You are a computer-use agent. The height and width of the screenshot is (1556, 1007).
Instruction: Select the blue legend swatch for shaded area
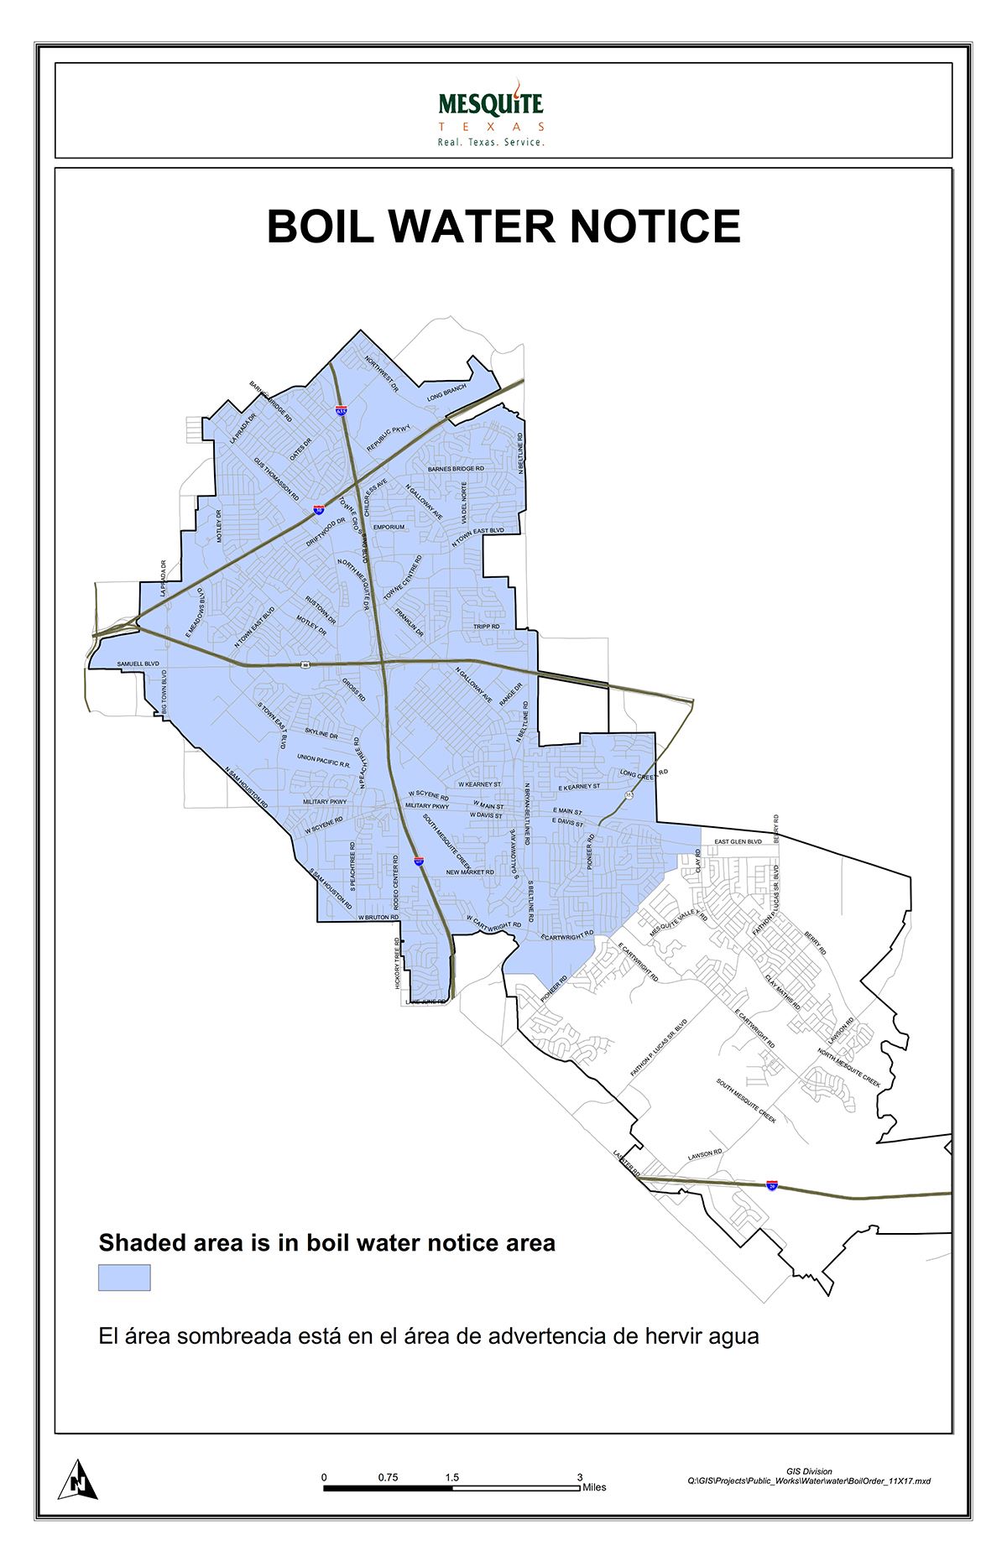(x=124, y=1278)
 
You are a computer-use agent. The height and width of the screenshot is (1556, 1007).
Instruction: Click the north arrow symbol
(x=78, y=1479)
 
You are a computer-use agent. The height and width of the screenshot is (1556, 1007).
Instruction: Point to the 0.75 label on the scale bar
(x=388, y=1477)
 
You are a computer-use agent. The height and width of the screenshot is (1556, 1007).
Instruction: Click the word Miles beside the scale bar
(x=594, y=1487)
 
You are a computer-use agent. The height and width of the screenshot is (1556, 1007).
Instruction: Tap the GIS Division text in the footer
(x=809, y=1471)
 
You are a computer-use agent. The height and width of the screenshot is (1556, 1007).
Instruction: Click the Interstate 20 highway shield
(x=773, y=1185)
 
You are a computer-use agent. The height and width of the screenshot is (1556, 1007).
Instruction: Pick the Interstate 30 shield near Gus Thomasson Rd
(x=320, y=509)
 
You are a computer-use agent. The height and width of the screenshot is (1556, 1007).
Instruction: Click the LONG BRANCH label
(x=446, y=392)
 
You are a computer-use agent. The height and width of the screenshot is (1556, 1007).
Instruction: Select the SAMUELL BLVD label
(x=138, y=664)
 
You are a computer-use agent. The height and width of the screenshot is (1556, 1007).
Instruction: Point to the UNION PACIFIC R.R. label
(x=323, y=762)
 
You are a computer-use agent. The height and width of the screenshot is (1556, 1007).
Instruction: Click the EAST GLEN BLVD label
(x=738, y=841)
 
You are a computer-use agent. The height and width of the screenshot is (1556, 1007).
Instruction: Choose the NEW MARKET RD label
(x=470, y=872)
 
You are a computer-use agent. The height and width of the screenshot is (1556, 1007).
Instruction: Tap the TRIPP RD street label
(x=487, y=627)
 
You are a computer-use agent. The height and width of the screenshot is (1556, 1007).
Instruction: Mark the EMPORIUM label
(x=389, y=528)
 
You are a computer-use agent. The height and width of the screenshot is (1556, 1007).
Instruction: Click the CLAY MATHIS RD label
(x=782, y=992)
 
